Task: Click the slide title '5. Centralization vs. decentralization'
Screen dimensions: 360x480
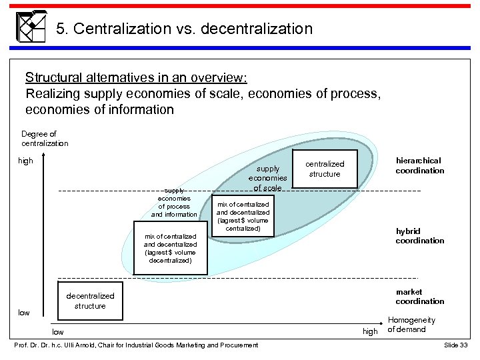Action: tap(184, 29)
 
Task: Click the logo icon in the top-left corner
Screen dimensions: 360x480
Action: tap(30, 27)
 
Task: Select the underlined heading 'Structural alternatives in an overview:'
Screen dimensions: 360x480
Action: tap(136, 77)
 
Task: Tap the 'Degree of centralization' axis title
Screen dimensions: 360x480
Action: tap(45, 139)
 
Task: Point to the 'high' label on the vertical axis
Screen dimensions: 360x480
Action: tap(25, 161)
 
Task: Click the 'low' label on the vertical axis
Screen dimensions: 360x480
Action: tap(24, 313)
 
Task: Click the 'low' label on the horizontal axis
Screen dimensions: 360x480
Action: tap(59, 331)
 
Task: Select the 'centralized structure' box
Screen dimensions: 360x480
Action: tap(325, 169)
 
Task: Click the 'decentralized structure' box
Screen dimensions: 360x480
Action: tap(90, 301)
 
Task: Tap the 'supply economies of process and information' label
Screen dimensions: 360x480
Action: tap(174, 202)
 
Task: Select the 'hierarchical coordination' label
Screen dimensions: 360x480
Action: tap(419, 165)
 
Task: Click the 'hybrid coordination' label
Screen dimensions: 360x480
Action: tap(419, 236)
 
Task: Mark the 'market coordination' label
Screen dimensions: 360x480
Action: tap(419, 297)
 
